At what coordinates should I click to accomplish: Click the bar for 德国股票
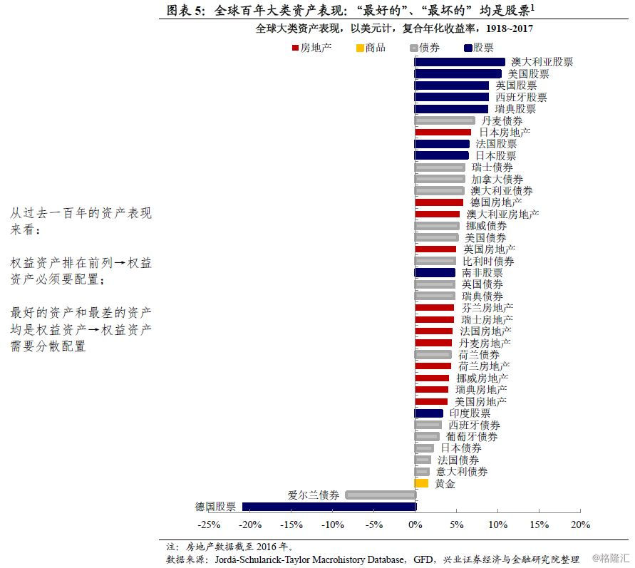pos(329,507)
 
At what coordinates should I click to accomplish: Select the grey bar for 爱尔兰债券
pos(380,495)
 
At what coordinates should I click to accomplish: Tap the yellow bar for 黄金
pos(422,483)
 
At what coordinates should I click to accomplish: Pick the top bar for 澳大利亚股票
pos(460,63)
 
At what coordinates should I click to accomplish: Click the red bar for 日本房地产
pos(443,133)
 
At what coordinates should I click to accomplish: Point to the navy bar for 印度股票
pos(429,413)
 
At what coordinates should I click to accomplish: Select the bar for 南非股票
pos(435,273)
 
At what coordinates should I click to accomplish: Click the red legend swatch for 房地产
pos(295,48)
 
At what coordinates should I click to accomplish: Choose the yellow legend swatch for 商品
pos(359,48)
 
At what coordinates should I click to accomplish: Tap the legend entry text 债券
pos(430,48)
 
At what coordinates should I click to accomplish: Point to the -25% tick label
pos(208,525)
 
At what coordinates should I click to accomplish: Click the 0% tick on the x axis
pos(415,525)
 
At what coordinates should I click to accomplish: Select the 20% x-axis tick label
pos(580,525)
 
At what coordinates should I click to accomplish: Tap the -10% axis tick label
pos(332,525)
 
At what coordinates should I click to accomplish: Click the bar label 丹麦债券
pos(502,121)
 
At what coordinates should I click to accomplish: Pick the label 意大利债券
pos(462,472)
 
